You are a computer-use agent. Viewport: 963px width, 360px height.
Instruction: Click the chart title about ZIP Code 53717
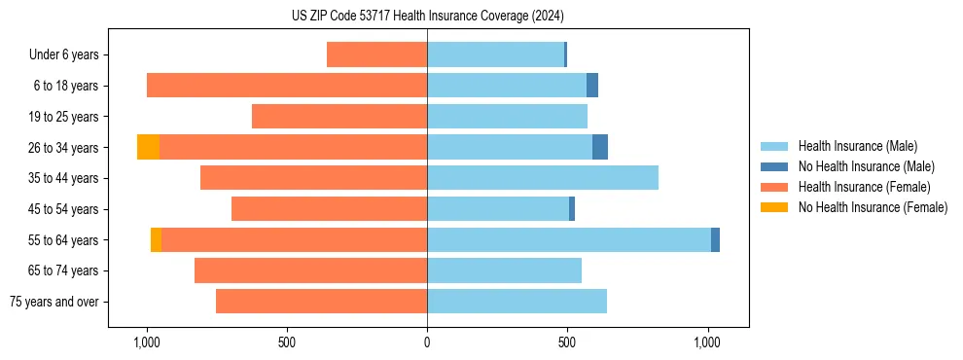(x=427, y=17)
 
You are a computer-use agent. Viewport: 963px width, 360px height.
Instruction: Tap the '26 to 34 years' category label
(x=63, y=148)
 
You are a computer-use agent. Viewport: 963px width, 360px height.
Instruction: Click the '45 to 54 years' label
(x=63, y=209)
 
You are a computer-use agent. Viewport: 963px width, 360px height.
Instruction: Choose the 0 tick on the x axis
(x=427, y=343)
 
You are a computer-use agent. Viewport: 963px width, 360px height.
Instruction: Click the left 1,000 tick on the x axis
(x=146, y=343)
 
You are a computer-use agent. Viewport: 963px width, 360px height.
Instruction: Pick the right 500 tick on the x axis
(x=567, y=343)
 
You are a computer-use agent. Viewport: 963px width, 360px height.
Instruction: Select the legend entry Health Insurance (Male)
(x=857, y=147)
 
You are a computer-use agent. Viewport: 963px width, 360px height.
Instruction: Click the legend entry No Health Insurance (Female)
(x=873, y=207)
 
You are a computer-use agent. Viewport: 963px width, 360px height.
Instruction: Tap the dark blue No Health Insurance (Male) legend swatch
(x=774, y=167)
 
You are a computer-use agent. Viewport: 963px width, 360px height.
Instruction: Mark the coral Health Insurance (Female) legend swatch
(x=774, y=187)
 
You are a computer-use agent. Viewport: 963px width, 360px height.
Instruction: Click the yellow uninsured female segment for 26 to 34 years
(x=148, y=147)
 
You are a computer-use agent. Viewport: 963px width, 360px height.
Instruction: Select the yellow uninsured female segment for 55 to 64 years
(x=156, y=239)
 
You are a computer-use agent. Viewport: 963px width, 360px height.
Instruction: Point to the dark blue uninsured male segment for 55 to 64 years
(x=715, y=239)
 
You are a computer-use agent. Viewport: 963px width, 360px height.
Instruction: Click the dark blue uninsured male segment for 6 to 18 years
(x=592, y=86)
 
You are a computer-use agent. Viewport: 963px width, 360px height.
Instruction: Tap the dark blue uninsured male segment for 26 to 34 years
(x=600, y=147)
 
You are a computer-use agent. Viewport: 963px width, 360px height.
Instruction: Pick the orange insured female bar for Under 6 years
(x=376, y=54)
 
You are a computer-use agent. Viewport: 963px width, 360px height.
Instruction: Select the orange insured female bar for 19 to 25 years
(x=339, y=117)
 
